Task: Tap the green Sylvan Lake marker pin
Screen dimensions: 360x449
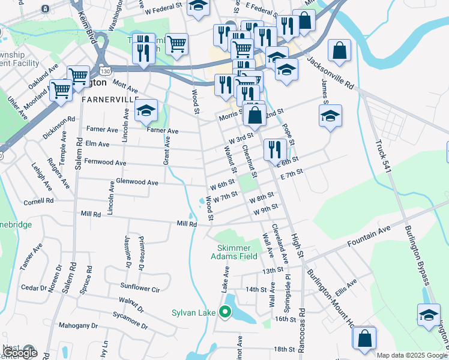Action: [x=226, y=312]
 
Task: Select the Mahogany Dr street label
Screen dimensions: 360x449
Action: [x=78, y=326]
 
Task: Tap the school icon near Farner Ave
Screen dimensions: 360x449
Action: [x=146, y=111]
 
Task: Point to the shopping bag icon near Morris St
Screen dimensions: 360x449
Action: [x=255, y=113]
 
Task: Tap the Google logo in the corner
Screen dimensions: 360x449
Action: [x=20, y=353]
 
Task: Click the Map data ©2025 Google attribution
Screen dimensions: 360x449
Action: [x=412, y=355]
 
